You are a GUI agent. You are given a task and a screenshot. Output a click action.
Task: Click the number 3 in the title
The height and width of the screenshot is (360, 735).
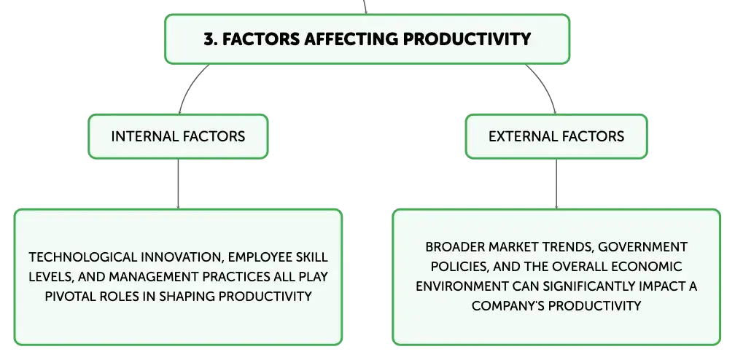(x=209, y=39)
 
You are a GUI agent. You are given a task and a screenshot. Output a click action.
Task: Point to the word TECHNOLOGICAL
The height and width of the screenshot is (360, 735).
(x=83, y=257)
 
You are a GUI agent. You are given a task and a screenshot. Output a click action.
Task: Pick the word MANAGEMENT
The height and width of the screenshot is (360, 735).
(x=153, y=277)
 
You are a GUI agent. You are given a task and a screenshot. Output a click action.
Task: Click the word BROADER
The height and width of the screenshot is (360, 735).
(x=455, y=247)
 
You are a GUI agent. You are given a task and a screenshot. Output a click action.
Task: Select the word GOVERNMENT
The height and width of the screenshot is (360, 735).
(x=643, y=247)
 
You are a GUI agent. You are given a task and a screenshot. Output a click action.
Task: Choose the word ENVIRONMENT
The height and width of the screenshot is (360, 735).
(x=462, y=286)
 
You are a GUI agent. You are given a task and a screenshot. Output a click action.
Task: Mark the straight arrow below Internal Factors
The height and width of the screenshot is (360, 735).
(x=178, y=184)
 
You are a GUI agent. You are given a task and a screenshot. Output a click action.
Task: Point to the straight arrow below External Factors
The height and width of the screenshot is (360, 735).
(x=556, y=184)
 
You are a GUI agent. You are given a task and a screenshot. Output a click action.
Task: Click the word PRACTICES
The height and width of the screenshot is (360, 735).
(x=236, y=277)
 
